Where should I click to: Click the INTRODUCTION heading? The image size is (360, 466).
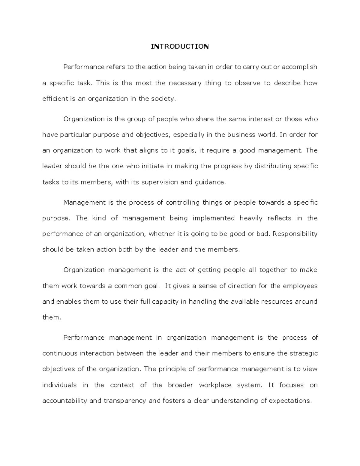tap(180, 47)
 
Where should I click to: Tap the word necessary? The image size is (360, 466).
tap(185, 83)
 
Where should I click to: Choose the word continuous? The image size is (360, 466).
tap(60, 353)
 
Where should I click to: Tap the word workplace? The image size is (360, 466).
tap(215, 385)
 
